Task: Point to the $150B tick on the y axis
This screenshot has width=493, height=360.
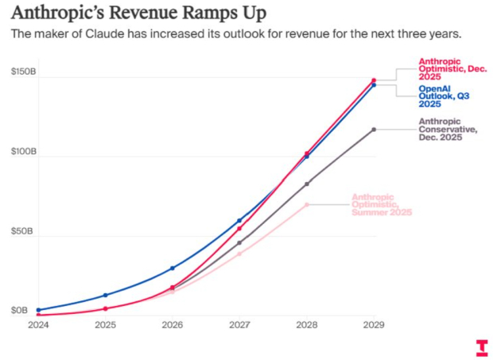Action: pyautogui.click(x=23, y=72)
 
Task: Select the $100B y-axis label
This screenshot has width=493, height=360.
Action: pyautogui.click(x=23, y=150)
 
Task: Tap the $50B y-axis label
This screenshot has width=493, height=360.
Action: pyautogui.click(x=23, y=231)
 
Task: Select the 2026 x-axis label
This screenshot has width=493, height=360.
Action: pyautogui.click(x=173, y=325)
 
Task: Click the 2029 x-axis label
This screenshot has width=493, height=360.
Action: pyautogui.click(x=374, y=325)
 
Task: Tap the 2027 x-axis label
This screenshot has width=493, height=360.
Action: pyautogui.click(x=239, y=325)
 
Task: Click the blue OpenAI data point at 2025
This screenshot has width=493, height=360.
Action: pyautogui.click(x=106, y=295)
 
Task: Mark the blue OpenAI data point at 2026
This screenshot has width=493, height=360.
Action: pyautogui.click(x=173, y=269)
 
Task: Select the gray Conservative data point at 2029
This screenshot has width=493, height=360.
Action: pyautogui.click(x=374, y=130)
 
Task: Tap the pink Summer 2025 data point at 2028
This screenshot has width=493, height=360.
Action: pyautogui.click(x=307, y=204)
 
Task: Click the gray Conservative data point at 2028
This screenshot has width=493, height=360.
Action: pyautogui.click(x=307, y=184)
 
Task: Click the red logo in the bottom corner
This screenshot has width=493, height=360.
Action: pyautogui.click(x=481, y=347)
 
